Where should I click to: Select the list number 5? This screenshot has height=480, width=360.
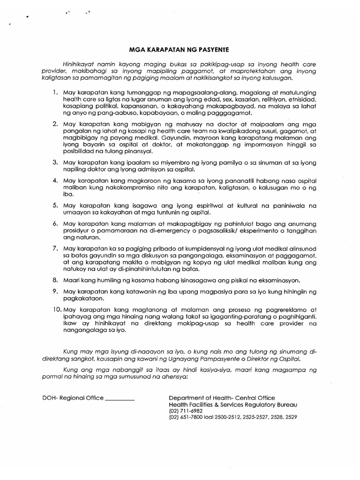[x=55, y=205]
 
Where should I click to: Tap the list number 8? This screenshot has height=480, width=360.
[x=55, y=281]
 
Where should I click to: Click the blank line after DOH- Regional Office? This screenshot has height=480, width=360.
[x=120, y=398]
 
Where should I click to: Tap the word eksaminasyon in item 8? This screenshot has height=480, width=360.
[x=277, y=281]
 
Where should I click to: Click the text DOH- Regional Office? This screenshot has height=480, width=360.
[x=73, y=398]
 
